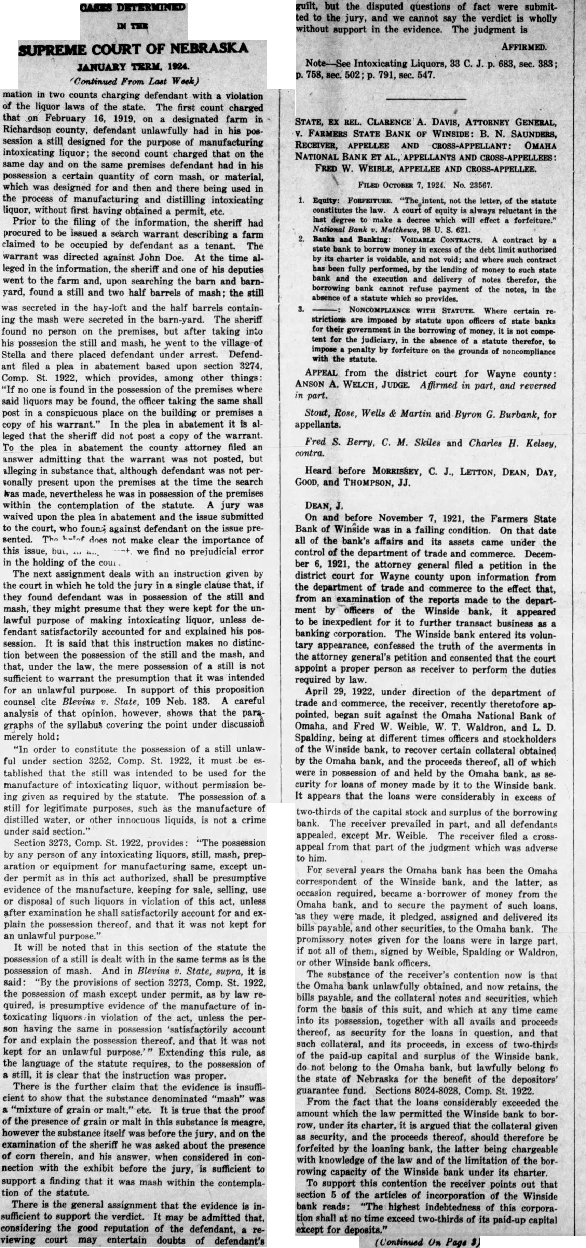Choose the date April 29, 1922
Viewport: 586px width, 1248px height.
click(x=339, y=692)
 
